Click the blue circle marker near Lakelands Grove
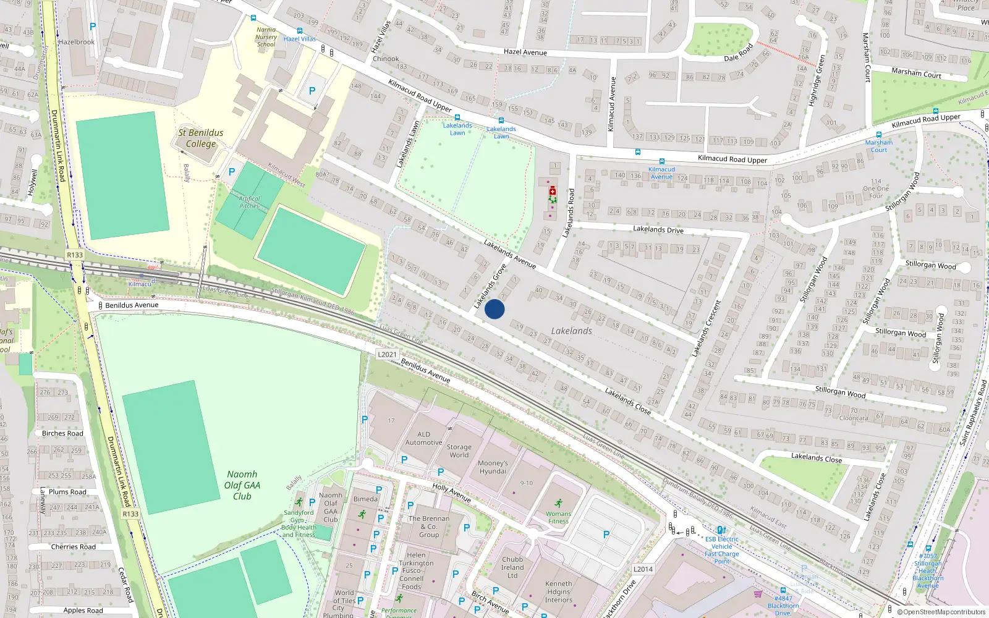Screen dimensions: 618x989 [494, 309]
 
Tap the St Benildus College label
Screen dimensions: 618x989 [201, 138]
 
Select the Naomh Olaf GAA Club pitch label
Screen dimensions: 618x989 [242, 485]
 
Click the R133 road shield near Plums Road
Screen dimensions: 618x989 [130, 514]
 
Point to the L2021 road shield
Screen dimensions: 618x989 [387, 354]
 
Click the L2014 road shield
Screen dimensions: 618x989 [643, 569]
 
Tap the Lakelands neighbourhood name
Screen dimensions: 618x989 [571, 331]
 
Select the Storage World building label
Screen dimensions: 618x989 [459, 451]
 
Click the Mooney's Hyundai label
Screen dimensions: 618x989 [493, 467]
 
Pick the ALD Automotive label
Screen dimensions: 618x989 [423, 438]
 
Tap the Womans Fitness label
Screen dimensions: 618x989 [558, 517]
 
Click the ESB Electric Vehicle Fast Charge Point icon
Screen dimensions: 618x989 [721, 530]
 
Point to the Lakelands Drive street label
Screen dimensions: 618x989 [658, 229]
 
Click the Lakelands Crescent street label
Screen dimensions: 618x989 [706, 328]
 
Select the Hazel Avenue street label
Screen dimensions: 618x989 [525, 52]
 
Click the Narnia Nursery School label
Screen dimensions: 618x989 [266, 37]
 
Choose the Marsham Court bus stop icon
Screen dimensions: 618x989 [878, 134]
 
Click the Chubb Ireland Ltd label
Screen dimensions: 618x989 [512, 567]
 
